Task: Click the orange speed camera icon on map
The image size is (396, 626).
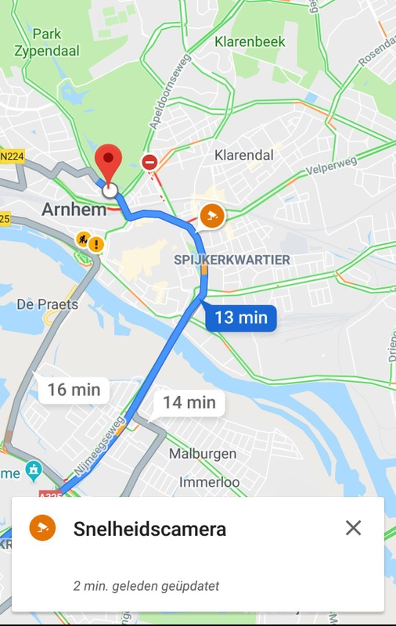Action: [211, 215]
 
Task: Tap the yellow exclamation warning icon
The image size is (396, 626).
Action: [95, 244]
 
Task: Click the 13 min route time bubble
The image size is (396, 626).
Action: [241, 318]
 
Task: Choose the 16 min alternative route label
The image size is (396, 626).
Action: [74, 389]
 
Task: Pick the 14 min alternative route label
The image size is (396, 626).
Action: [189, 402]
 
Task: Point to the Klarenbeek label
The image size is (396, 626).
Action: [250, 41]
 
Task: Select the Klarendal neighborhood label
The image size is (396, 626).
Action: [244, 155]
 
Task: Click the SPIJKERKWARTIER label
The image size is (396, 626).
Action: [232, 260]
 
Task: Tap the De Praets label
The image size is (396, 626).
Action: [48, 304]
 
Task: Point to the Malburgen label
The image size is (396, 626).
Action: [203, 454]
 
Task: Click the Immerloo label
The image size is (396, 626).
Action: [209, 482]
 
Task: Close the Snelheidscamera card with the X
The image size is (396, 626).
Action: [353, 528]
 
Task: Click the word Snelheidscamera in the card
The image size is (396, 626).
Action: [149, 529]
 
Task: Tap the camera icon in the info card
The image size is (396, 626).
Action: [42, 528]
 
